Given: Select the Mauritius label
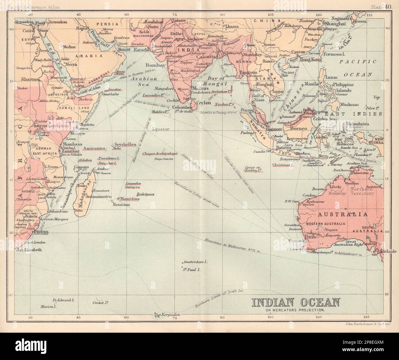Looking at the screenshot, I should [130, 199].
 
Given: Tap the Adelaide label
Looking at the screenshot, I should [388, 251].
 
